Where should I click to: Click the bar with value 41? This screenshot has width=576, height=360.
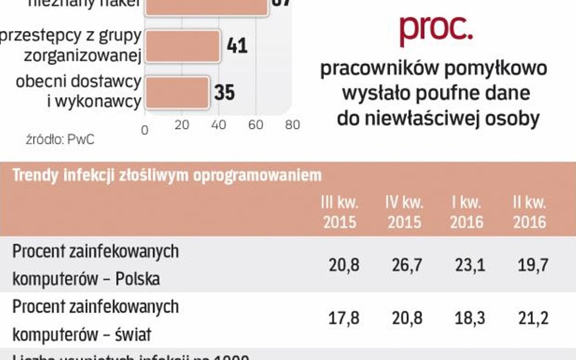pos(183,46)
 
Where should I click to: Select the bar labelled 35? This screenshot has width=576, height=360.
pos(177,92)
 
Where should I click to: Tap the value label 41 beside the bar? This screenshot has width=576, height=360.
pos(236,46)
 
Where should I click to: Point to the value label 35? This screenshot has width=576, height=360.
pos(224,92)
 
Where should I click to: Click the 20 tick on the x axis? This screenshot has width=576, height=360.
pos(182,125)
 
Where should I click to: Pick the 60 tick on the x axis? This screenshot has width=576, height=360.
pos(256,125)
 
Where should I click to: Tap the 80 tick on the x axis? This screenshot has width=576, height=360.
pos(292,125)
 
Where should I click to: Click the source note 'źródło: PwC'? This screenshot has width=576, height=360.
pos(60,139)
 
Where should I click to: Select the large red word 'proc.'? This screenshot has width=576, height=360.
pos(435,29)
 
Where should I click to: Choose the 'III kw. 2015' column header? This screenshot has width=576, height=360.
pos(340,212)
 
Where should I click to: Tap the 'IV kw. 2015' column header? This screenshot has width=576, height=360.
pos(404,212)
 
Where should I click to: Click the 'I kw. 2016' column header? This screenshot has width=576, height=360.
pos(467,212)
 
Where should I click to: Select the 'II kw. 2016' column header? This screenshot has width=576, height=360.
pos(529,212)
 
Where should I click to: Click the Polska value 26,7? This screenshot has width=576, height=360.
pos(404,265)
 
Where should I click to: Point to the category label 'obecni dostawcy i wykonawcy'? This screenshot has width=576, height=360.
pos(79,92)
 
